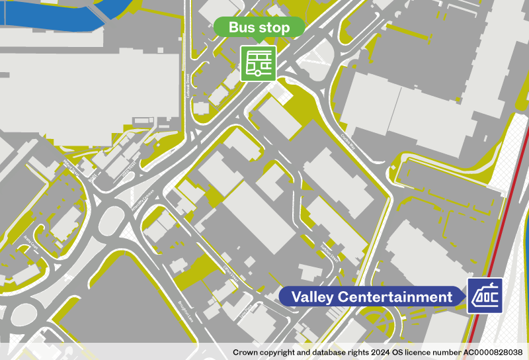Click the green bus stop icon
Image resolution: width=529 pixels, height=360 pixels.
pos(258,63)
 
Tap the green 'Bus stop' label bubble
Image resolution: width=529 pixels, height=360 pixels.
pos(259,27)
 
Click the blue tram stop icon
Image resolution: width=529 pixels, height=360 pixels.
pos(485,296)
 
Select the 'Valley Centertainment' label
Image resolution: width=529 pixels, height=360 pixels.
pos(372,296)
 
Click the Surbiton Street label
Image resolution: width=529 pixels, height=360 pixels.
pos(329,251)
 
